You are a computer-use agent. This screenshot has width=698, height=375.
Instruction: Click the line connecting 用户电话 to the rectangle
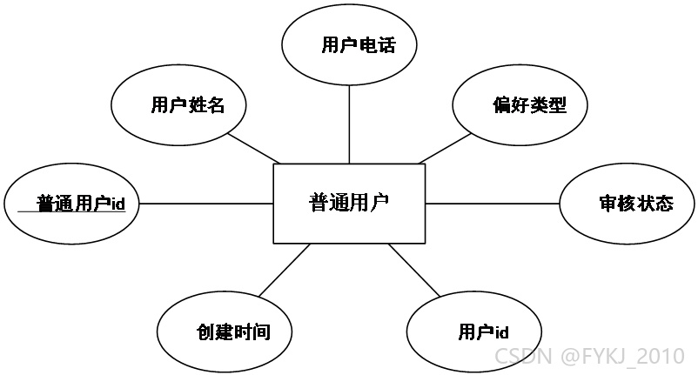point(349,124)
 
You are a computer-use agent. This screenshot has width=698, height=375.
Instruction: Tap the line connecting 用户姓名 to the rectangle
point(254,148)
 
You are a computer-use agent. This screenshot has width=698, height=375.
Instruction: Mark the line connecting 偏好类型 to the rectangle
point(445,149)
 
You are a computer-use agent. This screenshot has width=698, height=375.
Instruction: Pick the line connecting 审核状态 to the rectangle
point(493,204)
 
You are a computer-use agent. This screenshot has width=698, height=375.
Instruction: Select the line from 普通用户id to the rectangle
point(206,204)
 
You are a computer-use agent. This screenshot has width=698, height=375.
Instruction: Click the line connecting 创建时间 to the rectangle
point(285,270)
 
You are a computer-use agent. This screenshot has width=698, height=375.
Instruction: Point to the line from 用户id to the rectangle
point(414,270)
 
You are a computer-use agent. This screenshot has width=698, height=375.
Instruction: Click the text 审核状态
point(636,204)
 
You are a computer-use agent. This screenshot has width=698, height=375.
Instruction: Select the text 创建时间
point(234,331)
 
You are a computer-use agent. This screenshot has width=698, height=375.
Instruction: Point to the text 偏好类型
point(529,105)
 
